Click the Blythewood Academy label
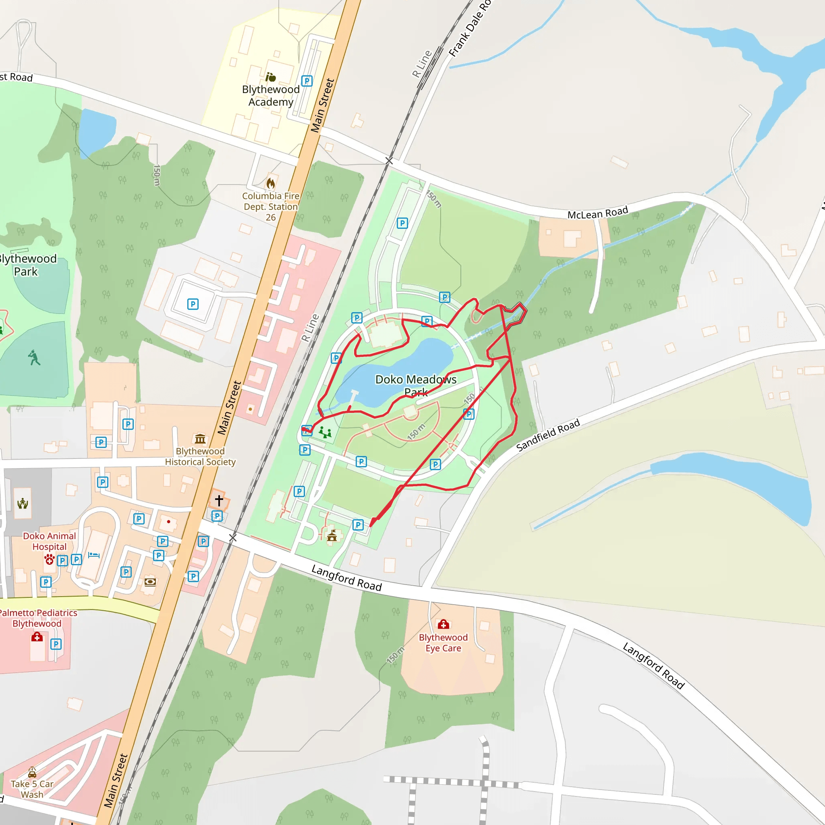pyautogui.click(x=271, y=95)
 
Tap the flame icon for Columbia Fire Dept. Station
pyautogui.click(x=271, y=183)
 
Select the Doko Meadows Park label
pyautogui.click(x=415, y=385)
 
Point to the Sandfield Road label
pyautogui.click(x=548, y=435)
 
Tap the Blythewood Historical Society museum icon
pyautogui.click(x=200, y=439)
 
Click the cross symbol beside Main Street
pyautogui.click(x=219, y=500)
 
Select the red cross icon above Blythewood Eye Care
pyautogui.click(x=443, y=625)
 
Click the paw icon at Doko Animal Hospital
pyautogui.click(x=50, y=559)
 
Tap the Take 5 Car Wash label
pyautogui.click(x=33, y=789)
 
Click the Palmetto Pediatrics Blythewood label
pyautogui.click(x=37, y=618)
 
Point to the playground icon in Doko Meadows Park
pyautogui.click(x=325, y=433)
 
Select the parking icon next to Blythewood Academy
pyautogui.click(x=307, y=81)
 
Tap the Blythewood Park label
pyautogui.click(x=27, y=265)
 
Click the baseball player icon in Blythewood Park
pyautogui.click(x=34, y=357)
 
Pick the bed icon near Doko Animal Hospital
pyautogui.click(x=94, y=555)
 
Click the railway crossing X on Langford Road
pyautogui.click(x=233, y=538)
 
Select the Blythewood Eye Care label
pyautogui.click(x=443, y=643)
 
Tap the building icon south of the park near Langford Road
pyautogui.click(x=332, y=535)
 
